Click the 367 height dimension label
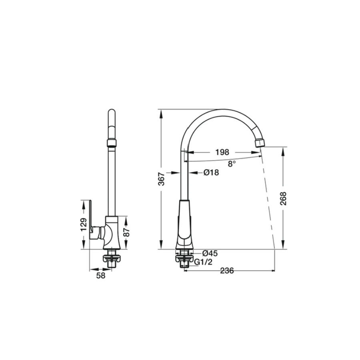(x=162, y=179)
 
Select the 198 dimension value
(x=222, y=152)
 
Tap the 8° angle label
(x=232, y=164)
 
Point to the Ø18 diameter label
(x=211, y=172)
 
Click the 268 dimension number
(x=284, y=198)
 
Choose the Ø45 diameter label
(x=210, y=253)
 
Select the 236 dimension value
(x=227, y=271)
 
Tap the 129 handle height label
(x=84, y=224)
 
